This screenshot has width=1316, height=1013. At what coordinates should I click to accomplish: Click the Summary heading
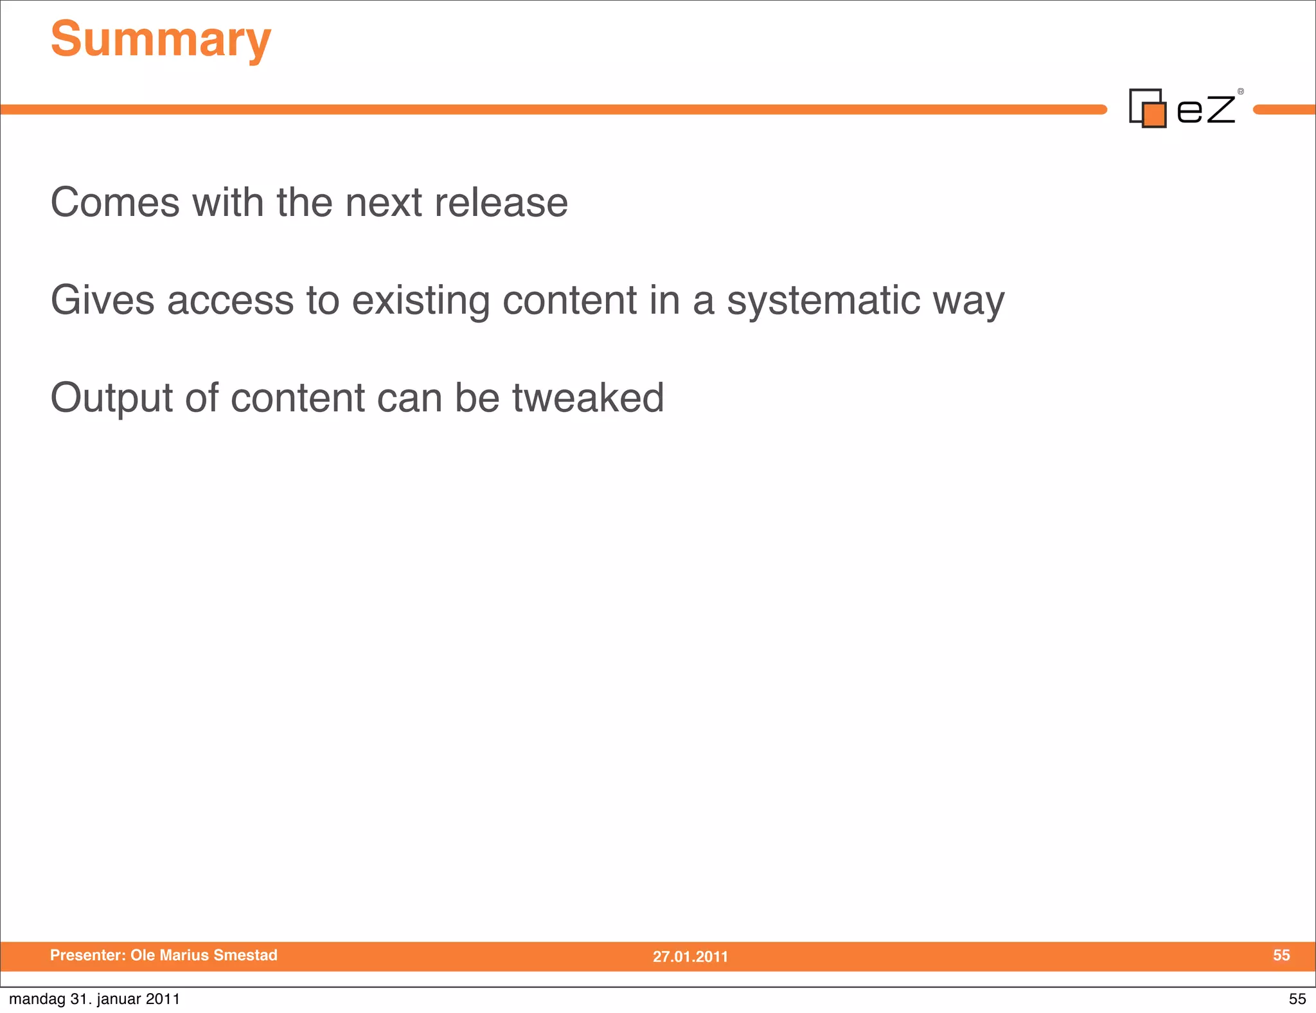pyautogui.click(x=161, y=40)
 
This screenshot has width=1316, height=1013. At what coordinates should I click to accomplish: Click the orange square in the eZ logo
pyautogui.click(x=1154, y=115)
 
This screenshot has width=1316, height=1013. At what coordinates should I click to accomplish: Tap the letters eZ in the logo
pyautogui.click(x=1205, y=109)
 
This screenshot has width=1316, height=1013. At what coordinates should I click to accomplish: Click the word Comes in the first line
pyautogui.click(x=115, y=203)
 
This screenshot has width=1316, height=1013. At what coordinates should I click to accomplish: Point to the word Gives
pyautogui.click(x=103, y=301)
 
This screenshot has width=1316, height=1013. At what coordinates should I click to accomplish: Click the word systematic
pyautogui.click(x=823, y=301)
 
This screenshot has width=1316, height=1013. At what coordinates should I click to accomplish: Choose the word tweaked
pyautogui.click(x=588, y=398)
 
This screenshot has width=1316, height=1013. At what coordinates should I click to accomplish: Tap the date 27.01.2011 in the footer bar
pyautogui.click(x=690, y=956)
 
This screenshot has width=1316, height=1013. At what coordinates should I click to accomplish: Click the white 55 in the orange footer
pyautogui.click(x=1281, y=955)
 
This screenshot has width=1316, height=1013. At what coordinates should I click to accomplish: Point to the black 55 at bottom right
pyautogui.click(x=1297, y=999)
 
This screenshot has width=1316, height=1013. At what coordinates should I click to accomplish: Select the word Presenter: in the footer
pyautogui.click(x=88, y=955)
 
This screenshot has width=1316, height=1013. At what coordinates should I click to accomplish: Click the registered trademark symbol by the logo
pyautogui.click(x=1241, y=91)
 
